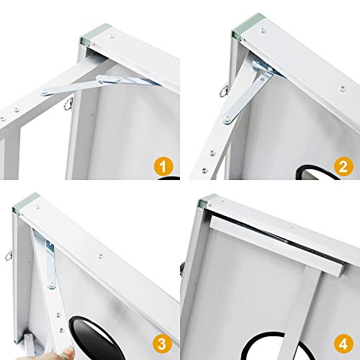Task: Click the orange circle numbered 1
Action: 163,167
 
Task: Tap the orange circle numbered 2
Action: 343,167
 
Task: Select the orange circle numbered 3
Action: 162,344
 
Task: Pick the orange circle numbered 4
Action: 343,344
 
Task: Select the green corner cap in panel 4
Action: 207,201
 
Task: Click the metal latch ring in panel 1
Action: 68,104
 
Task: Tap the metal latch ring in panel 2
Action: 223,90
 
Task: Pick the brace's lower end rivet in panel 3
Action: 51,285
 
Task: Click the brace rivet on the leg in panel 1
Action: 45,91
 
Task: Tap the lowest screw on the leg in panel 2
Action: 204,170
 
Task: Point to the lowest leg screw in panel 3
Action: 62,330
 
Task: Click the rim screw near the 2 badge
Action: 343,89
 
